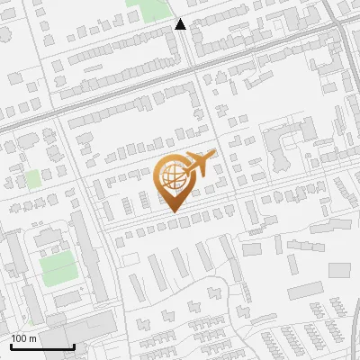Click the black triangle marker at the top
click(x=180, y=25)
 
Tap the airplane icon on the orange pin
click(x=201, y=164)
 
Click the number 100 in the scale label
click(x=20, y=338)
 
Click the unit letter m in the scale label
click(x=32, y=338)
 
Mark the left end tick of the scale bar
click(x=11, y=346)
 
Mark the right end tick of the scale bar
click(x=74, y=346)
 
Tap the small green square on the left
click(x=33, y=178)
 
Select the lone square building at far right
click(x=338, y=270)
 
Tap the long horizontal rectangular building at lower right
click(x=305, y=290)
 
